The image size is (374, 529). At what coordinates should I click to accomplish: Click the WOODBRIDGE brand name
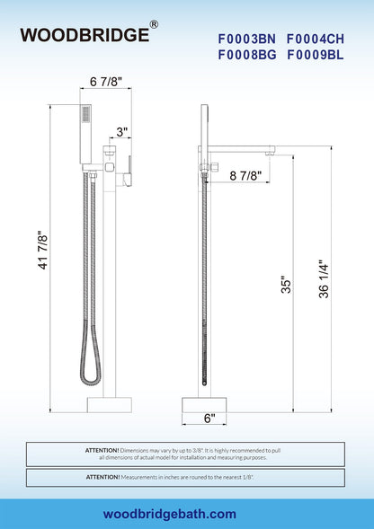click(x=85, y=35)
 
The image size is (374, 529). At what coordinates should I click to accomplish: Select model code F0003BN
click(x=247, y=40)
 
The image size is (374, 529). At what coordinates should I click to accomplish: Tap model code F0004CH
click(x=316, y=40)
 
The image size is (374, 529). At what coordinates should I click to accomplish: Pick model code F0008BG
click(x=247, y=55)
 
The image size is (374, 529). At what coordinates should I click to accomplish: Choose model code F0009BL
click(x=316, y=55)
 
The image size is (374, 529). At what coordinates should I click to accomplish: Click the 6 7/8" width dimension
click(x=106, y=82)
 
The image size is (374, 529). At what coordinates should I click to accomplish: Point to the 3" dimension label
click(x=122, y=132)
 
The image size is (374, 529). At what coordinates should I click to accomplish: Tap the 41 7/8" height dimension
click(x=43, y=250)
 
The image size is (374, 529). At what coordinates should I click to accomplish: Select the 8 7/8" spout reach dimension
click(x=245, y=175)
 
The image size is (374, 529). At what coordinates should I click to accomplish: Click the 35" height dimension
click(x=286, y=285)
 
